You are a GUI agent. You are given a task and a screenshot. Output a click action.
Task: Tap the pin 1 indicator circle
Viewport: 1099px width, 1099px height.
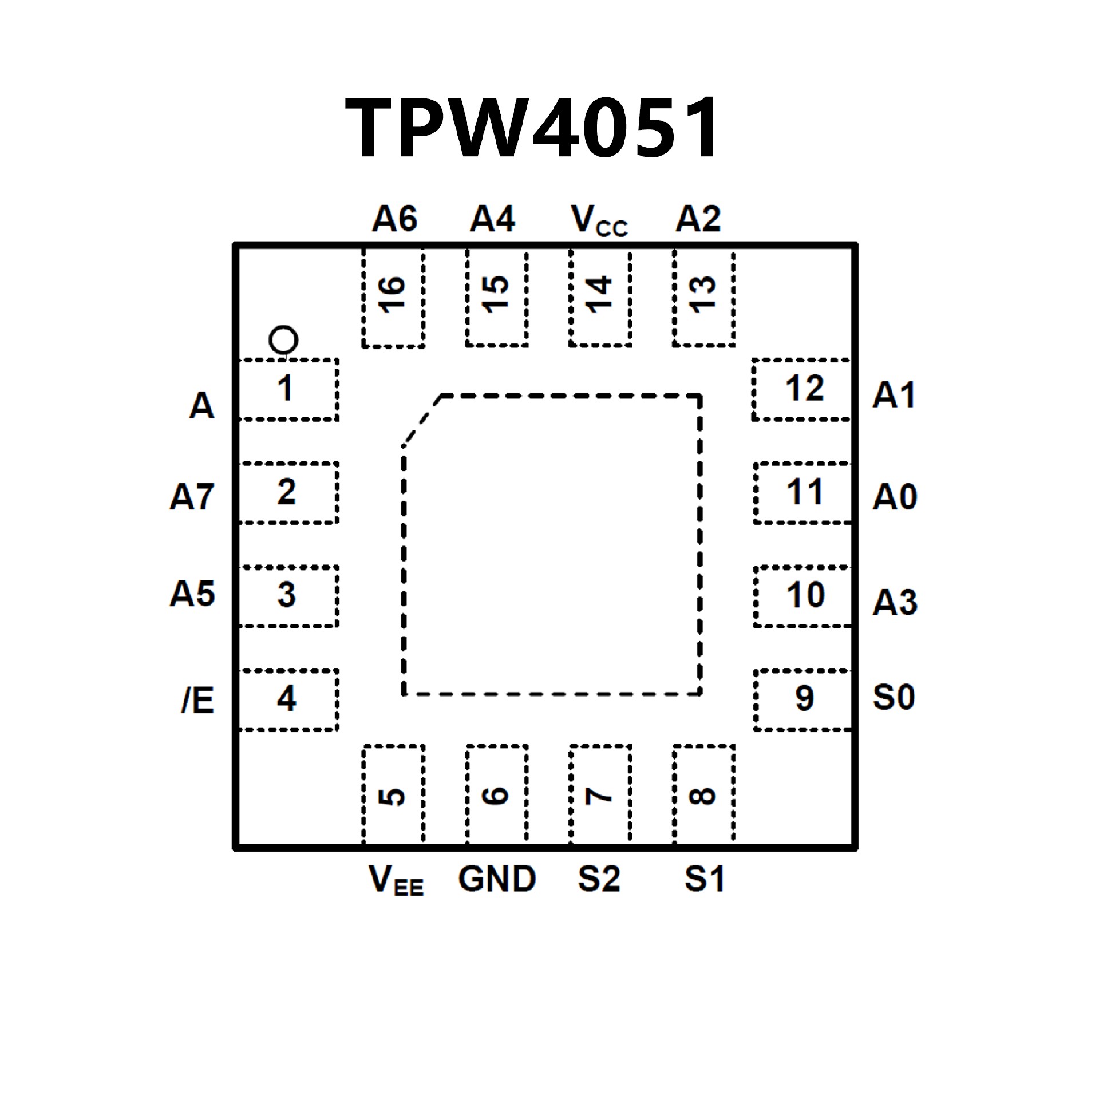[283, 341]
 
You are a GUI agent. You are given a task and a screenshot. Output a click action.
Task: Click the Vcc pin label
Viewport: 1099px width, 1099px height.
[599, 220]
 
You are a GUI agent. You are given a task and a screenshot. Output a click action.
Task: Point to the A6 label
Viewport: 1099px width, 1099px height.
[394, 219]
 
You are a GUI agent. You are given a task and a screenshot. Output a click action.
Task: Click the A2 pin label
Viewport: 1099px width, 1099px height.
[698, 219]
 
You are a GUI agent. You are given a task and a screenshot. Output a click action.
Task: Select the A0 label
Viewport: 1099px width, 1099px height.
[895, 496]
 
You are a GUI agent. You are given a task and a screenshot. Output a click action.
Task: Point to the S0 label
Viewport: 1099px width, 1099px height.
[894, 698]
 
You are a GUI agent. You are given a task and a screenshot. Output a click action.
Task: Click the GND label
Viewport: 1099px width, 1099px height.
[497, 879]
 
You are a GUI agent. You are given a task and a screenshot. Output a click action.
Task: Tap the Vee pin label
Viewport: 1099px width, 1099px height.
[396, 880]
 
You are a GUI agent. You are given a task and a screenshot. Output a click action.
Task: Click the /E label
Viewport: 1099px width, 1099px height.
[197, 700]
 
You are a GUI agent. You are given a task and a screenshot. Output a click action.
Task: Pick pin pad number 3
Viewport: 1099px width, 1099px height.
[288, 596]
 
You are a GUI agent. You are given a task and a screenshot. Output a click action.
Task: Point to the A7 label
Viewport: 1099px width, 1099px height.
[192, 496]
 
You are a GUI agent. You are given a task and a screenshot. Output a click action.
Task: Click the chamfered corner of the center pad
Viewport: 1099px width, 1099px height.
[422, 420]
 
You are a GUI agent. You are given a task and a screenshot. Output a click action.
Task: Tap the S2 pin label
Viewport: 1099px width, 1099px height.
[599, 879]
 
